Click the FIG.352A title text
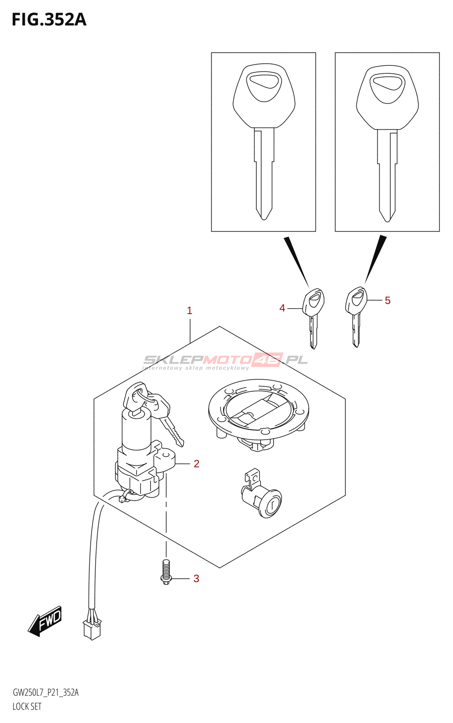(49, 20)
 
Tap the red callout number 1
(190, 310)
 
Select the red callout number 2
(196, 464)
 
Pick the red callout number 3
(196, 578)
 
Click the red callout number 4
(282, 308)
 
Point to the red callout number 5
(388, 300)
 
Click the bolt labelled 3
(166, 572)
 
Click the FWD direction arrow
(45, 621)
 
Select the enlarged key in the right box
(387, 142)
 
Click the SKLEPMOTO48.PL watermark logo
(226, 361)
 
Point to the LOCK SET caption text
(27, 706)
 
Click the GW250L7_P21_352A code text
(46, 693)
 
